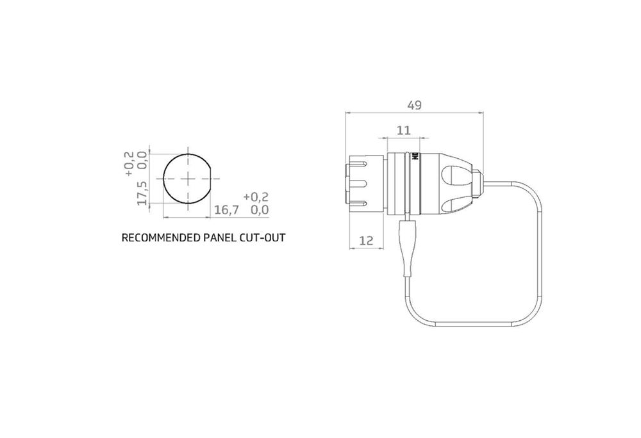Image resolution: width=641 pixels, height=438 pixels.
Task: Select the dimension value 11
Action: (x=403, y=131)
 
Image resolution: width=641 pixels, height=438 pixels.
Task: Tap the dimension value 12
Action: (x=367, y=241)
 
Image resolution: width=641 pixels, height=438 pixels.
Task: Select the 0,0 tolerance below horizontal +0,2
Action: (x=259, y=209)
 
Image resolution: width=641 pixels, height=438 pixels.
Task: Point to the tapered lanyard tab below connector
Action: (x=406, y=243)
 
